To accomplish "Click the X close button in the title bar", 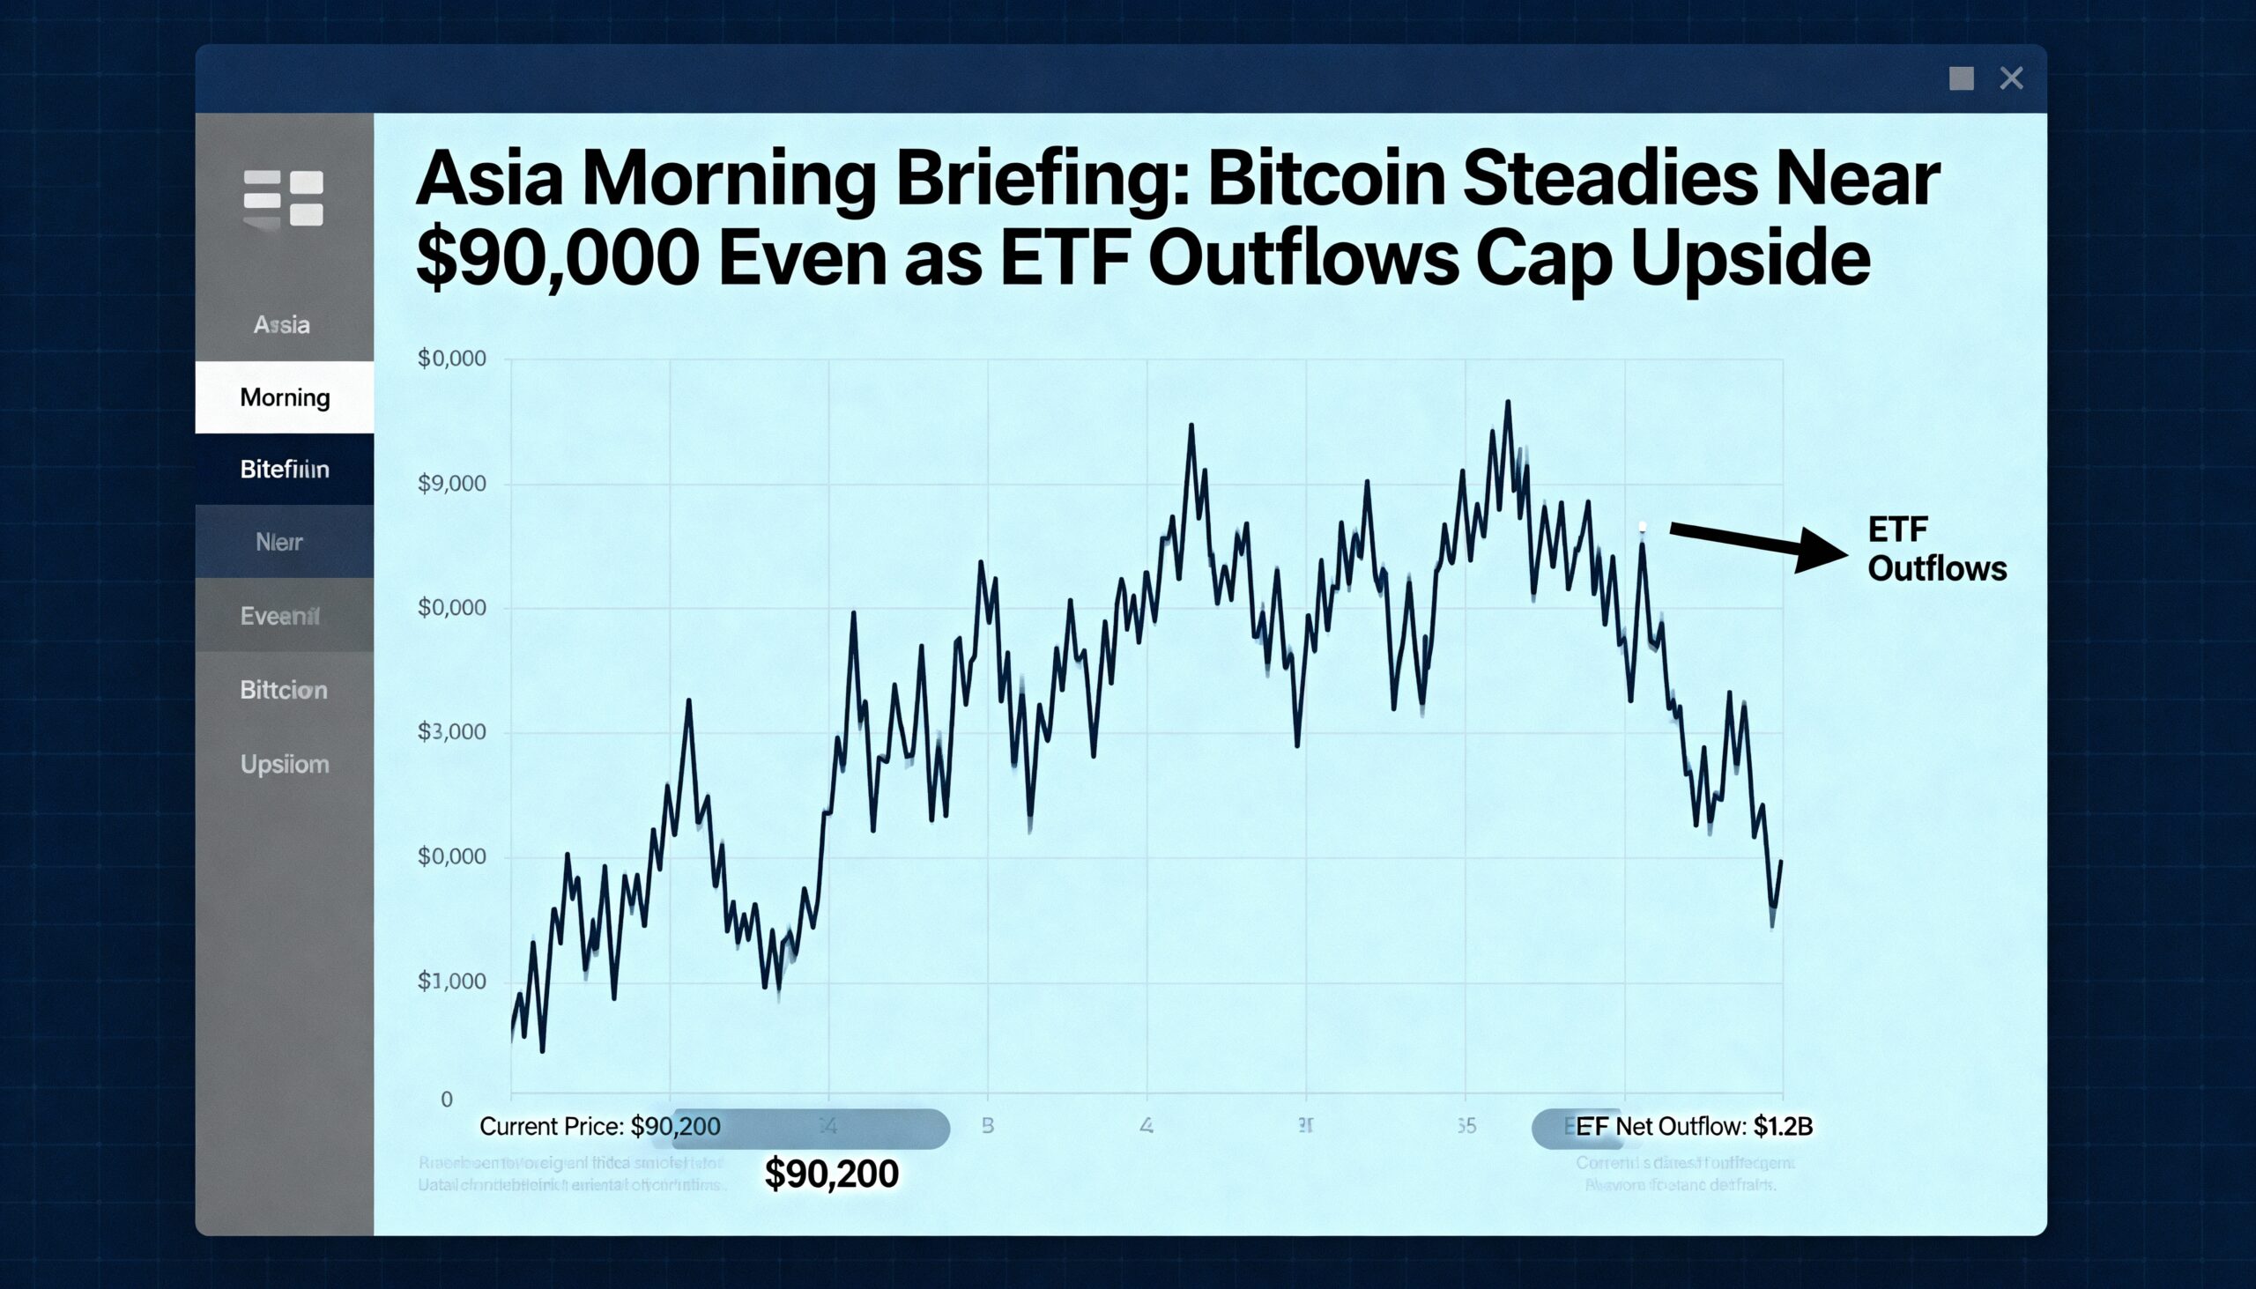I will (2011, 78).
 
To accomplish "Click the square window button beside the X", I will (1961, 78).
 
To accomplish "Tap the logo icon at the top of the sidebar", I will (284, 198).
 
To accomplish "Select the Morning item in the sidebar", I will (285, 397).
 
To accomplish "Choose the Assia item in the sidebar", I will (281, 325).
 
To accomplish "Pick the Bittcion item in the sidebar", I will (284, 690).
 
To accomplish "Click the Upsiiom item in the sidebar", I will (285, 764).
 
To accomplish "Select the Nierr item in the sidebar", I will (278, 542).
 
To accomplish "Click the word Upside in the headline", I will (1749, 257).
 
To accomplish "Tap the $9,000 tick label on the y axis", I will (451, 484).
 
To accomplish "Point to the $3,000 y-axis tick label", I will (451, 731).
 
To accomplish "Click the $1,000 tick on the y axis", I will (451, 981).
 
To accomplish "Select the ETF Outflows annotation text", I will (1935, 549).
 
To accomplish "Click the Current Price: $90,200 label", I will (599, 1126).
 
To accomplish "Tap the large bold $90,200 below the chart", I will (830, 1174).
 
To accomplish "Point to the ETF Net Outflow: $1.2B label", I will (1693, 1126).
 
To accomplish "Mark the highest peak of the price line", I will (1507, 403).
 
